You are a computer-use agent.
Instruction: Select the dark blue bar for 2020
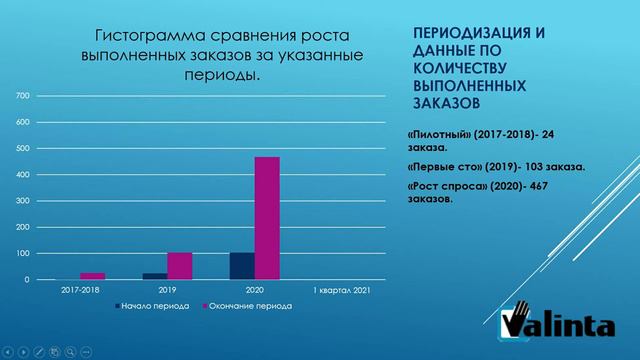pyautogui.click(x=241, y=266)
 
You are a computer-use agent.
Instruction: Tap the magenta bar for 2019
pyautogui.click(x=180, y=266)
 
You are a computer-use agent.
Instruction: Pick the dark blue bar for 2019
pyautogui.click(x=155, y=276)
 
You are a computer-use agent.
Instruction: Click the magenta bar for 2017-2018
pyautogui.click(x=93, y=276)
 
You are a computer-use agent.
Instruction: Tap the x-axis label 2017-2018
pyautogui.click(x=80, y=290)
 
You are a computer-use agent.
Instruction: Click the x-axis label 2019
pyautogui.click(x=167, y=290)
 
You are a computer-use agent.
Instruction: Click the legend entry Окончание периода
pyautogui.click(x=250, y=306)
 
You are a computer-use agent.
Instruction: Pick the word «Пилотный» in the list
pyautogui.click(x=444, y=132)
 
